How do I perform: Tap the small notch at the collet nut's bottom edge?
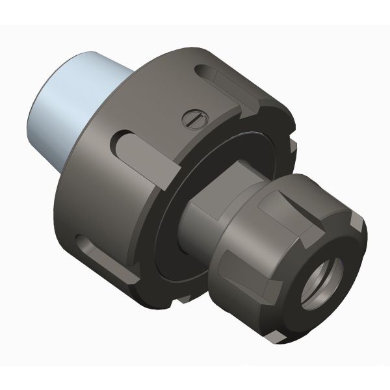click(280, 333)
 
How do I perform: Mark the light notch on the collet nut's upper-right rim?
click(356, 221)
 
